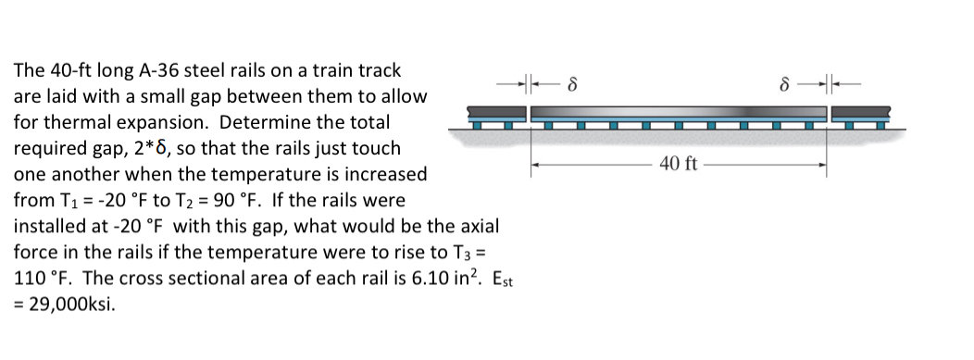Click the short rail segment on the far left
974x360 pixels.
pos(496,115)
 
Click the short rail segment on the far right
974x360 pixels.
pos(862,115)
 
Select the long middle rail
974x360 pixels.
pos(678,114)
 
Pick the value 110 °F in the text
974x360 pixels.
pos(41,278)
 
